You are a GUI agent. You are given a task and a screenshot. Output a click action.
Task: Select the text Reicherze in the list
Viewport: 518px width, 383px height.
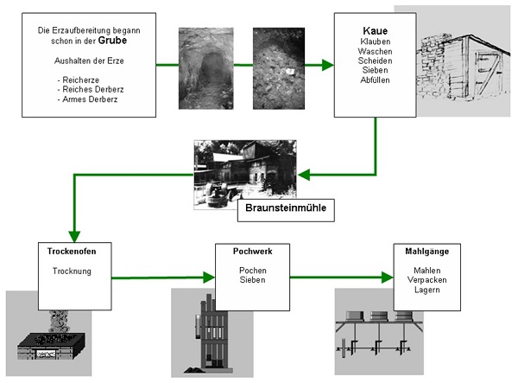(x=75, y=78)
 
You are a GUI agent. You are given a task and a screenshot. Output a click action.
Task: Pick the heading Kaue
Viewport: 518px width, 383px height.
(x=375, y=31)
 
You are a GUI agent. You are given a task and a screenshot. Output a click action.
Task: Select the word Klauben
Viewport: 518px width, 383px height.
(x=375, y=41)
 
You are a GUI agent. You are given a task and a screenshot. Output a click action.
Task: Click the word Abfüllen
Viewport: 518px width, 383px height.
(x=375, y=80)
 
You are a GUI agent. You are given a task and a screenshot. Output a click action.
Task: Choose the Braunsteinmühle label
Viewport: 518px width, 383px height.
(x=286, y=209)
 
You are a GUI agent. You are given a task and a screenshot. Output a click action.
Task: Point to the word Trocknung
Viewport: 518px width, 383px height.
(x=76, y=271)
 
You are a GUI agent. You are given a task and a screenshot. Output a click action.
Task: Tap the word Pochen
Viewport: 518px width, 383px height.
(x=252, y=271)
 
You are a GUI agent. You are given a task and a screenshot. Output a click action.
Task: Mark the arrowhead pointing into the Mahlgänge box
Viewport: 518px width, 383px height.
(x=387, y=278)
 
